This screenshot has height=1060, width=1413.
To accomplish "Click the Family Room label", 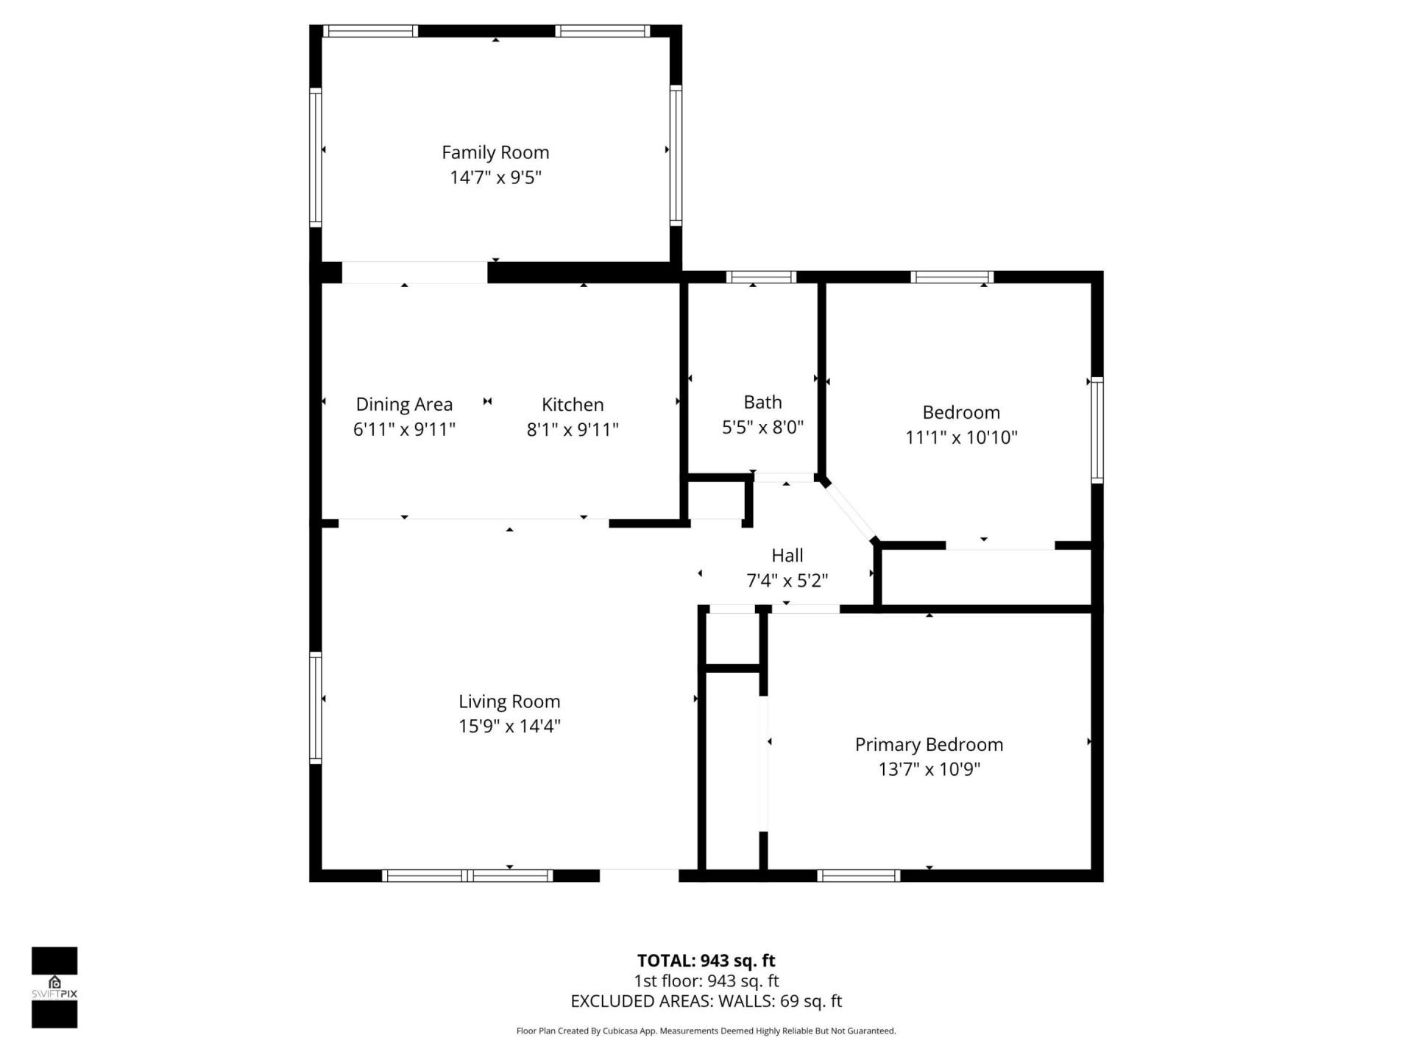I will pyautogui.click(x=495, y=152).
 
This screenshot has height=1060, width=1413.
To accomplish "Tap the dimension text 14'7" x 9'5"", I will pyautogui.click(x=495, y=177).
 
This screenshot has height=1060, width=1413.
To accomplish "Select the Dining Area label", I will pyautogui.click(x=404, y=404).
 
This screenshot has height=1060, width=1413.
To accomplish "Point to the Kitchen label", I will pyautogui.click(x=573, y=404).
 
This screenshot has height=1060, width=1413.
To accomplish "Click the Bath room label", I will pyautogui.click(x=762, y=402).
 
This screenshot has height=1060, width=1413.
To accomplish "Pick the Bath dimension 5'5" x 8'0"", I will pyautogui.click(x=762, y=427).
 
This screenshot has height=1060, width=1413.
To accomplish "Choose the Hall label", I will pyautogui.click(x=787, y=555).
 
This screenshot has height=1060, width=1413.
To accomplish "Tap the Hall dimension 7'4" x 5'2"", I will pyautogui.click(x=787, y=581).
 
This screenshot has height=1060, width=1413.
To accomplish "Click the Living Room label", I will pyautogui.click(x=509, y=702).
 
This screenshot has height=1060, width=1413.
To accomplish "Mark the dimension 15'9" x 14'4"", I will pyautogui.click(x=509, y=727).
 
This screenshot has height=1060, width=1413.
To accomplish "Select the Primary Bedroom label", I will pyautogui.click(x=929, y=744).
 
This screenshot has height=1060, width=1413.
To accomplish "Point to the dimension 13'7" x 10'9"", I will pyautogui.click(x=929, y=769).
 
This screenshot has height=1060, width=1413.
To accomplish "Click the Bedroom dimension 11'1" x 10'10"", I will pyautogui.click(x=961, y=437).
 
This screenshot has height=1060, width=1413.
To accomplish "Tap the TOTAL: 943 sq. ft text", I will pyautogui.click(x=706, y=961).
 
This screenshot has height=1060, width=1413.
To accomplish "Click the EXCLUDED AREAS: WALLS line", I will pyautogui.click(x=706, y=1001).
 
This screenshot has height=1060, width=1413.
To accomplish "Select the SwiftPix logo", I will pyautogui.click(x=54, y=987).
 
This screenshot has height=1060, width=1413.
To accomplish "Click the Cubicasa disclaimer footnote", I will pyautogui.click(x=706, y=1031).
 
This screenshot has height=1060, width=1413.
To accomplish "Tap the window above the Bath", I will pyautogui.click(x=761, y=278).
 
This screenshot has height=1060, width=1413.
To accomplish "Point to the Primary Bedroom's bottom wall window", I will pyautogui.click(x=858, y=875).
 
